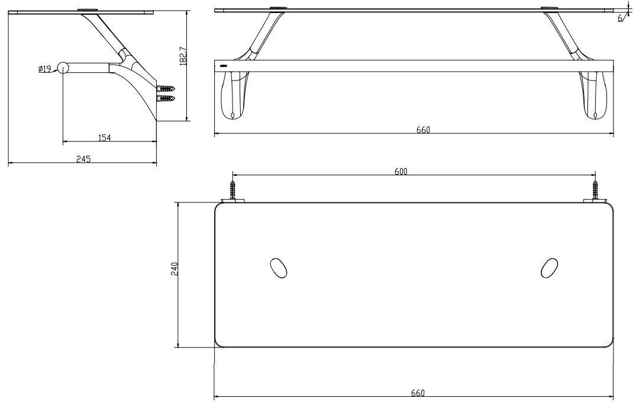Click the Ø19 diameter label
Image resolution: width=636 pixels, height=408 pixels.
point(44,69)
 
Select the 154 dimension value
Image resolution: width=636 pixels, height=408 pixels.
point(104,137)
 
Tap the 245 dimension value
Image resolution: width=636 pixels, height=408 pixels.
point(83,159)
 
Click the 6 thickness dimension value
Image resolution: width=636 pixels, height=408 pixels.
point(620,18)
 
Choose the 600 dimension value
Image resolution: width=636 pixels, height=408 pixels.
point(401,171)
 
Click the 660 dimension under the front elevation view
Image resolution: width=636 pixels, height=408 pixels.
point(423,130)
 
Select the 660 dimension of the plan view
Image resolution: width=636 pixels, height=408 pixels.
point(418,393)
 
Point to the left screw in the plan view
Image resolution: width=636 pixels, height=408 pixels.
point(233,191)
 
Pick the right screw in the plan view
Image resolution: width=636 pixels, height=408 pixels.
point(596,191)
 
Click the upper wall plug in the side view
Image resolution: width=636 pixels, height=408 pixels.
point(167,88)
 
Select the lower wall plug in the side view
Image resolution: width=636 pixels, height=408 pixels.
point(167,98)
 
